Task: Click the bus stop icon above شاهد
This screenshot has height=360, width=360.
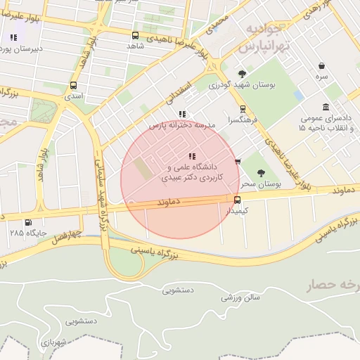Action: tap(135, 34)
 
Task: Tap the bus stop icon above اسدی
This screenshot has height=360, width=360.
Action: tap(73, 86)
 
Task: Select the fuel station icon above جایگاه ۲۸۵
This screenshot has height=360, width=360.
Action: tap(28, 223)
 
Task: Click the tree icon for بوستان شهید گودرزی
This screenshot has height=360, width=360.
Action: tap(243, 74)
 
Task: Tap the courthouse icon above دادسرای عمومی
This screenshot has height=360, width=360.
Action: tap(326, 107)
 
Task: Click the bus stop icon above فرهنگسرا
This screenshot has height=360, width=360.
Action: tap(243, 109)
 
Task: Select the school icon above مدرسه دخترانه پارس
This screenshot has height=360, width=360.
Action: tap(183, 114)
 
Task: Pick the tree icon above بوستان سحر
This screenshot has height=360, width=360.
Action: tap(262, 172)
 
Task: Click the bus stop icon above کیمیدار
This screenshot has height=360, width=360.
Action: tap(236, 200)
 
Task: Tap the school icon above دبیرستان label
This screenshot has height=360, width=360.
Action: tap(13, 37)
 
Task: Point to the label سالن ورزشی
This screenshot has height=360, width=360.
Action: tap(241, 298)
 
